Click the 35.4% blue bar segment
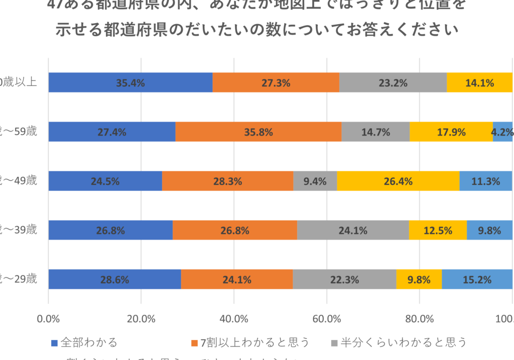click(x=131, y=83)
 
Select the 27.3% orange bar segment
click(x=276, y=83)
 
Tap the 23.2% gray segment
click(x=393, y=83)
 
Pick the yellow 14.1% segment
click(x=479, y=83)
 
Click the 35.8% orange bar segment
click(x=259, y=132)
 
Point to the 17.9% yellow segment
click(x=451, y=132)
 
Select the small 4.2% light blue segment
click(x=502, y=132)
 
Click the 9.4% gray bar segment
click(x=315, y=181)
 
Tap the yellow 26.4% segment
click(x=398, y=181)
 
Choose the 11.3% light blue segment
click(x=486, y=181)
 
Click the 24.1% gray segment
click(x=353, y=230)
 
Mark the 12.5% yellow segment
click(x=438, y=230)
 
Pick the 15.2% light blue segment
click(x=477, y=280)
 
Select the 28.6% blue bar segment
click(x=114, y=280)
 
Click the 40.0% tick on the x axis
click(x=234, y=318)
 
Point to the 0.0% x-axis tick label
click(x=49, y=318)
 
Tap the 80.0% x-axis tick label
click(x=420, y=318)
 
